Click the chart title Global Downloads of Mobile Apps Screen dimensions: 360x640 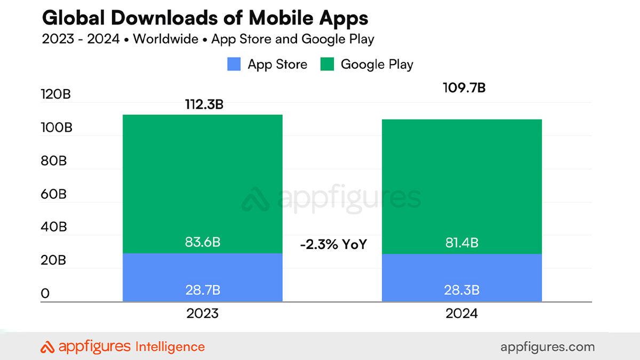tap(205, 18)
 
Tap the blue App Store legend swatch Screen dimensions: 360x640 tap(234, 65)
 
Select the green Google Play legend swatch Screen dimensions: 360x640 tap(327, 65)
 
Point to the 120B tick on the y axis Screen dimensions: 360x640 tap(55, 95)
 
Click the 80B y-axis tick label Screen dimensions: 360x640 tap(53, 161)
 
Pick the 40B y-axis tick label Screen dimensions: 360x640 tap(53, 227)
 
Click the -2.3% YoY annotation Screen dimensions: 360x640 tap(333, 245)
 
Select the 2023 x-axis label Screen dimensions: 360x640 tap(202, 314)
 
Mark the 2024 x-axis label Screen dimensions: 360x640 tap(461, 314)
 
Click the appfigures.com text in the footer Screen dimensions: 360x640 tap(547, 347)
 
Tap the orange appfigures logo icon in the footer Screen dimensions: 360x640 tap(47, 347)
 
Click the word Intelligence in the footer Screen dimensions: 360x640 tap(170, 347)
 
